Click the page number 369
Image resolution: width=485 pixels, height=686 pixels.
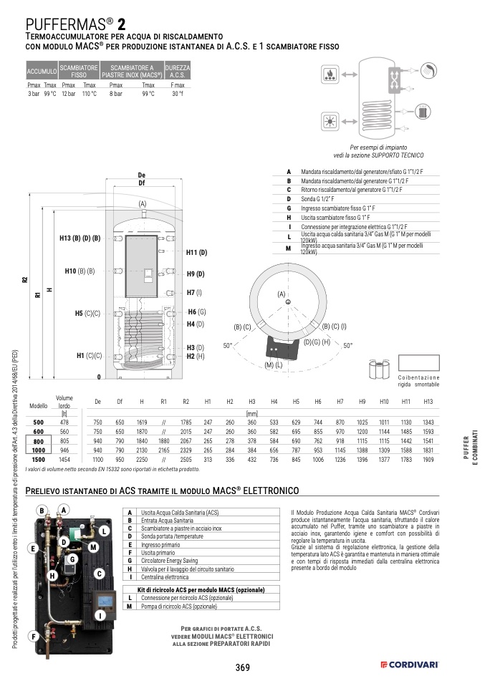pos(242,667)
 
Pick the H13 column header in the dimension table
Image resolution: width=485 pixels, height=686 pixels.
pos(428,402)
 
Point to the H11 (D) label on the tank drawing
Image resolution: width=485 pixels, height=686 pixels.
pos(196,253)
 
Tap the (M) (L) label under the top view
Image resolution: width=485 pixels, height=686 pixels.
pos(274,365)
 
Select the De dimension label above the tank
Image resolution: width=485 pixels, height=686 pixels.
pos(141,175)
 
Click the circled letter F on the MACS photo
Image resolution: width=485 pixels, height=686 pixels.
pos(32,636)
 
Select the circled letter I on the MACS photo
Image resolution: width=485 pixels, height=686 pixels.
pos(101,615)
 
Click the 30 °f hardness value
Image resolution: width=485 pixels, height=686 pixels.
pos(178,94)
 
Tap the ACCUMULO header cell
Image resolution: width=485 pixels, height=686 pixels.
pos(42,72)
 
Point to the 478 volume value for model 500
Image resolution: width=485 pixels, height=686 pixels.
pos(64,422)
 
